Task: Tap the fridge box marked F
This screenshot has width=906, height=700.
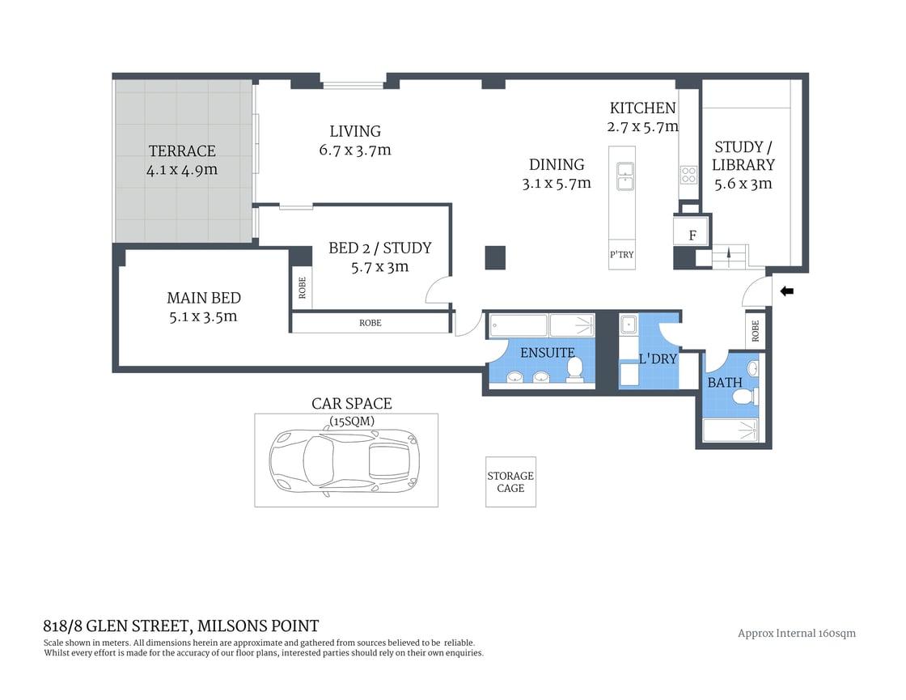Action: [692, 235]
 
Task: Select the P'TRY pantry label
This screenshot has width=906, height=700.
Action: [621, 255]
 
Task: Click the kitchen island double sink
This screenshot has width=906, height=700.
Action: [624, 176]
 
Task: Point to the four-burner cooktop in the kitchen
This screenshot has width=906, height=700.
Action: [688, 175]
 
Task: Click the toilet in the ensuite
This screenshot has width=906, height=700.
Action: [575, 369]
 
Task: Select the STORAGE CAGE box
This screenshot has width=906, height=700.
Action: [510, 482]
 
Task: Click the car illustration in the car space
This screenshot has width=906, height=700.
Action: [345, 460]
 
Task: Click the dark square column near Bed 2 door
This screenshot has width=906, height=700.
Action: [495, 257]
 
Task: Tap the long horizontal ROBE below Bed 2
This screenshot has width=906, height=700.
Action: [370, 323]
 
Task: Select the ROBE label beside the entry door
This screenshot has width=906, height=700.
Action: [756, 331]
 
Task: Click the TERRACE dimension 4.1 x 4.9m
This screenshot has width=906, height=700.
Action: [182, 170]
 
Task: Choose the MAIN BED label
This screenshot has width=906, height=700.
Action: [204, 298]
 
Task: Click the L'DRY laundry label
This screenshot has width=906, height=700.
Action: [657, 358]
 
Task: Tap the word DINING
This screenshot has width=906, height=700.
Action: [557, 164]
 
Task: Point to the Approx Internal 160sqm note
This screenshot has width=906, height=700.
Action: [796, 633]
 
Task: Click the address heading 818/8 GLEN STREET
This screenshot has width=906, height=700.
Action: [180, 626]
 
